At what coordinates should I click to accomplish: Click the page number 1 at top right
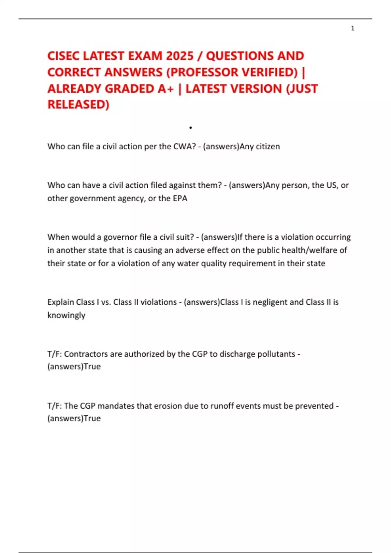tap(353, 28)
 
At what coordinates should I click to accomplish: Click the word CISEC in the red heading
tap(64, 56)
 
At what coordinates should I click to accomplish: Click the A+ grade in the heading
tap(166, 89)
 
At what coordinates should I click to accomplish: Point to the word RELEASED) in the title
tap(78, 105)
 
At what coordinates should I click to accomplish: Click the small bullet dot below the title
tap(191, 128)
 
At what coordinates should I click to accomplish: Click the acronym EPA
tap(180, 198)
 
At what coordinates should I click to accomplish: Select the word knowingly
tap(66, 315)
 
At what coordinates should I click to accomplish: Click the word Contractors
tap(86, 354)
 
